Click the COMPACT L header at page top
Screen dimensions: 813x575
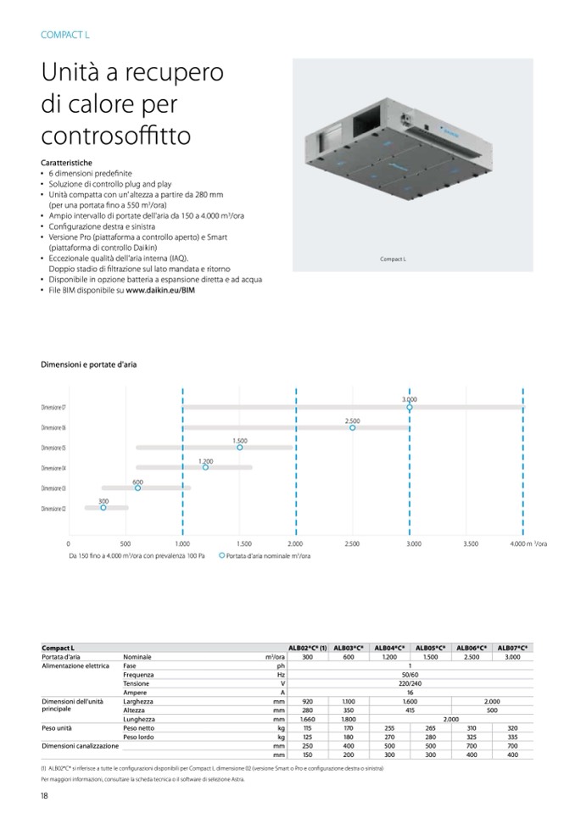64,35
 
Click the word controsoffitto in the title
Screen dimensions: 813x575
115,136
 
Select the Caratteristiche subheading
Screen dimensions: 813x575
66,162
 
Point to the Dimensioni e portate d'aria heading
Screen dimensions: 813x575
88,365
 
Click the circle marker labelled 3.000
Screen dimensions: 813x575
410,408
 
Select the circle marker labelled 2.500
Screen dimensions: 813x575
353,428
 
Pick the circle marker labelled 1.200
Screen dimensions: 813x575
205,467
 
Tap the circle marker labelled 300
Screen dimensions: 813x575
103,508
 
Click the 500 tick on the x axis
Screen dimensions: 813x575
125,543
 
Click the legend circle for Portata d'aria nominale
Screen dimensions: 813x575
221,556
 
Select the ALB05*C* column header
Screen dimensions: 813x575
431,649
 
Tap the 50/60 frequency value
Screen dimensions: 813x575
410,675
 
